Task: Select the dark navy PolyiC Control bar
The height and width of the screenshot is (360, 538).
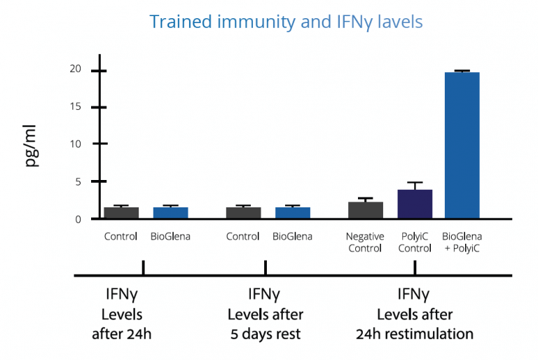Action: [x=415, y=204]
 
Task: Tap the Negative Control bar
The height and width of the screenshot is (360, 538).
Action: [x=365, y=210]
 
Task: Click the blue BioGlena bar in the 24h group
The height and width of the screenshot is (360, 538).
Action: [x=170, y=212]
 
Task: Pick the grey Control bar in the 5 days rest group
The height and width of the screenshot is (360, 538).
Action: [x=243, y=212]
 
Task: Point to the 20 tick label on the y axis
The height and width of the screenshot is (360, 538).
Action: [x=75, y=69]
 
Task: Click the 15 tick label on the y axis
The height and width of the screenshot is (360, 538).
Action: [x=75, y=106]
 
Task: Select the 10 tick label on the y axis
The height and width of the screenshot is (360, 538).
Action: [x=75, y=144]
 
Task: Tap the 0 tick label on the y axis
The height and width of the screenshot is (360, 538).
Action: [x=78, y=219]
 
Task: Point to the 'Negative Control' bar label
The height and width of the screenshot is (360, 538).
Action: [x=365, y=242]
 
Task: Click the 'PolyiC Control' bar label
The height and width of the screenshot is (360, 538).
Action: [x=415, y=242]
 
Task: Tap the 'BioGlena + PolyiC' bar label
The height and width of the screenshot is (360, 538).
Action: [x=462, y=242]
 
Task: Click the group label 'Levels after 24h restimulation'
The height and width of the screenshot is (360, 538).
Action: [x=414, y=324]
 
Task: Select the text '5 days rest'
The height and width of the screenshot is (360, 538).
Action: [x=265, y=333]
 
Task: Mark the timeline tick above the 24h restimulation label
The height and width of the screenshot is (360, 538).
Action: [x=415, y=268]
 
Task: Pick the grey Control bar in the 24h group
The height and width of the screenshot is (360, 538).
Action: [x=121, y=212]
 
